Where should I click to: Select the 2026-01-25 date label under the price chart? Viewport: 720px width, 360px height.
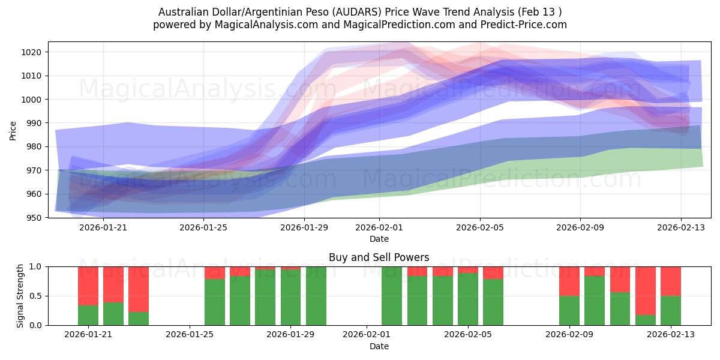tap(203, 227)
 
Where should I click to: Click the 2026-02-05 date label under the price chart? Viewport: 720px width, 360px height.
tap(479, 227)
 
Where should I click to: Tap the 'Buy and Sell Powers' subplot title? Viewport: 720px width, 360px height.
tap(379, 257)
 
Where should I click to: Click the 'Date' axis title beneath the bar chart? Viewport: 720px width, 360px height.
tap(379, 346)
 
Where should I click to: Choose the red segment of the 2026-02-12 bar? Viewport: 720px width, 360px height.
tap(646, 290)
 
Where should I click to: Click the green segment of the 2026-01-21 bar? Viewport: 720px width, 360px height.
tap(88, 315)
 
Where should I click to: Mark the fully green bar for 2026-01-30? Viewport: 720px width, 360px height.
tap(316, 296)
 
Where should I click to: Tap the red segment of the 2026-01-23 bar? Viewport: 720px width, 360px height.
tap(139, 289)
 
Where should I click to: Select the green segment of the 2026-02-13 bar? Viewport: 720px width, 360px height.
tap(671, 310)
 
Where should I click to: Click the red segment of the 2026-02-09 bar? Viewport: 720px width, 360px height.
tap(569, 281)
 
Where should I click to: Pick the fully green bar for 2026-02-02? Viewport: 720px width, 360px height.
tap(392, 296)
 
